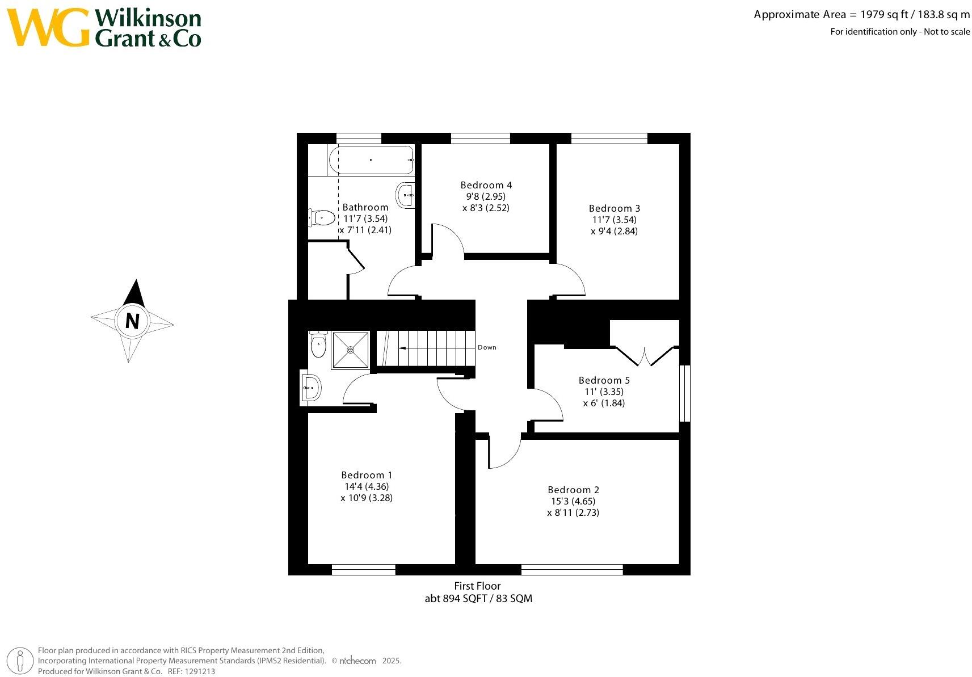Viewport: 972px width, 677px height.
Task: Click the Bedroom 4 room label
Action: point(486,185)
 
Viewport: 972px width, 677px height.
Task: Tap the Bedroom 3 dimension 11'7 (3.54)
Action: point(614,220)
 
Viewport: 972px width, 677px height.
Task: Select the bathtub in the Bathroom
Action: point(372,160)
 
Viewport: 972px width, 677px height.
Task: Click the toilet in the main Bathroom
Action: point(322,217)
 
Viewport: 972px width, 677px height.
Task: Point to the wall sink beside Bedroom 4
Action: point(406,195)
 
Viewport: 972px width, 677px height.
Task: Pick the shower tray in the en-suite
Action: point(350,350)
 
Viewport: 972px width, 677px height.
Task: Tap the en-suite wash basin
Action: point(310,388)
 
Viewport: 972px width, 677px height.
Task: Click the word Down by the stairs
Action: point(487,347)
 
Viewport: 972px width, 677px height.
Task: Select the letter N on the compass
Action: point(132,321)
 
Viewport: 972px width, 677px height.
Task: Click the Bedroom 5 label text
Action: point(604,380)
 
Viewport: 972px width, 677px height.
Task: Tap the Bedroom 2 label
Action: point(573,490)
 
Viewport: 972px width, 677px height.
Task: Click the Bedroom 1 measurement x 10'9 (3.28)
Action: point(367,498)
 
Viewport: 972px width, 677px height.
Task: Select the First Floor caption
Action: point(477,586)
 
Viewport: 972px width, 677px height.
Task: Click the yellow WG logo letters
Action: point(49,27)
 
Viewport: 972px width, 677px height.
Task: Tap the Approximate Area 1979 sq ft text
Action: point(861,15)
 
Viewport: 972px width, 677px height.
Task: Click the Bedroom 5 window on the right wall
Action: point(685,393)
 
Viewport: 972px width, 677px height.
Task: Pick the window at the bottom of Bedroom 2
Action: point(572,570)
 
